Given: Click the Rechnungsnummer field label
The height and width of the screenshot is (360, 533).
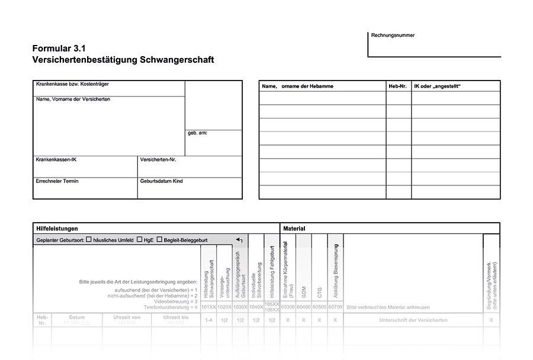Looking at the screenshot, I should (393, 36).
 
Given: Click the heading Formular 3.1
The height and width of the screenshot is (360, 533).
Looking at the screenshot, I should (63, 49).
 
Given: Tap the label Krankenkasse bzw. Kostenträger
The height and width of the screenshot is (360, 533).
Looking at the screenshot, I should (72, 84).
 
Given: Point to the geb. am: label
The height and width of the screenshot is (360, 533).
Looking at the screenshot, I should (197, 133).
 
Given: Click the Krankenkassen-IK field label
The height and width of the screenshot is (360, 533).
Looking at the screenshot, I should (56, 160).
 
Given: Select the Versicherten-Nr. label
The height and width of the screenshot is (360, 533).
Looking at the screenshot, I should (158, 160).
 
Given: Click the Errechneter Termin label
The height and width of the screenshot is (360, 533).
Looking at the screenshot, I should (57, 181).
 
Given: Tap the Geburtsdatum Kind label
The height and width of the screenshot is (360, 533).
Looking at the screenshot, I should (161, 181).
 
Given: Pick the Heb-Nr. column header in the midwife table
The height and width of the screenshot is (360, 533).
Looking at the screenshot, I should (397, 86).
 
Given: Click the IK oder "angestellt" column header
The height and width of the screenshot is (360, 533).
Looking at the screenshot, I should (437, 86).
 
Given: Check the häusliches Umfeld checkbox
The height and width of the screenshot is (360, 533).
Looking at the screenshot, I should (89, 240).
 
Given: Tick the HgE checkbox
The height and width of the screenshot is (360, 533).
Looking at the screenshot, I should (140, 240).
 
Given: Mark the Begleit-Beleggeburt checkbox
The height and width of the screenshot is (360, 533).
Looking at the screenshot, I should (159, 240).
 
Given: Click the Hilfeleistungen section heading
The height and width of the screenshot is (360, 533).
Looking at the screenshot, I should (57, 228).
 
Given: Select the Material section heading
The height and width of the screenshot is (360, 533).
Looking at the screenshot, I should (294, 228).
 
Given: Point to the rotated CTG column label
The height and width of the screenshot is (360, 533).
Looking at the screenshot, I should (320, 291).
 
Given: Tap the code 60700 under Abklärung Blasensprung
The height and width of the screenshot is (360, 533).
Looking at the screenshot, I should (335, 307).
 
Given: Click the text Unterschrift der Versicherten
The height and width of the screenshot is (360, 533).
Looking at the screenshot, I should (413, 320).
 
